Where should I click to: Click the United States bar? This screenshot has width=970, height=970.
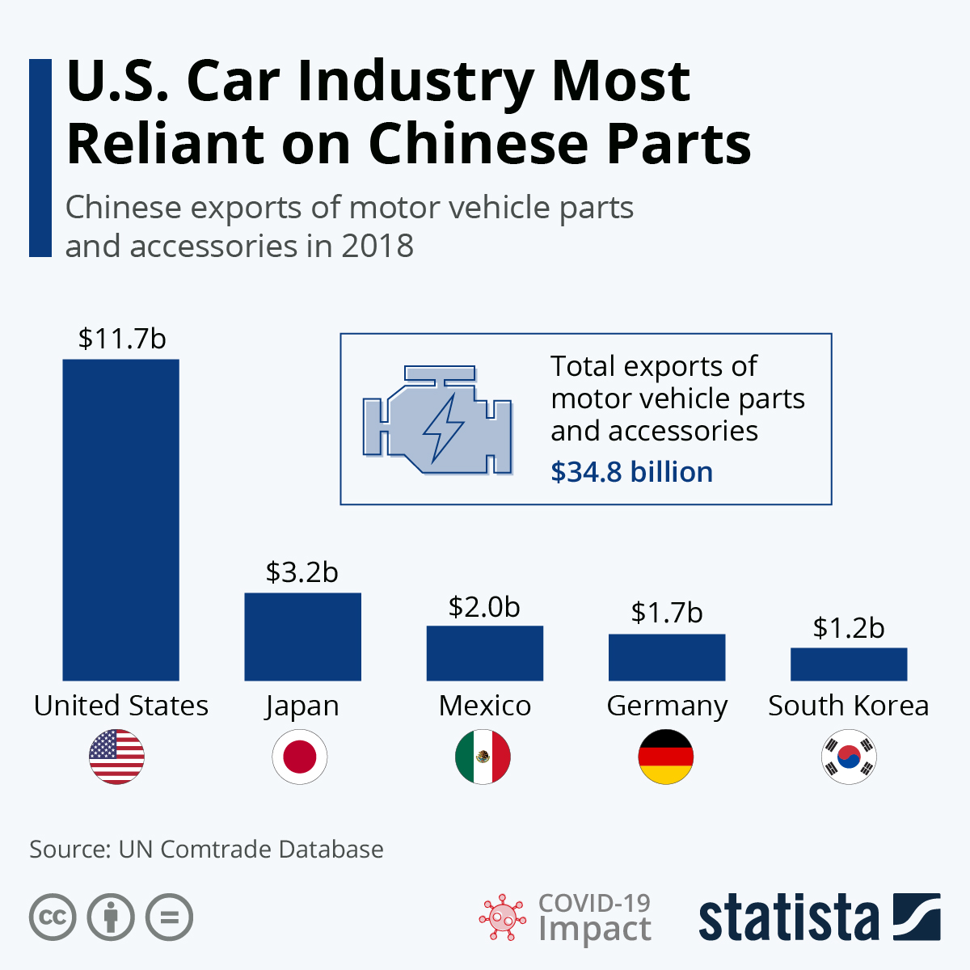tap(120, 520)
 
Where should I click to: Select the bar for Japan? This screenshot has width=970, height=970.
tap(302, 637)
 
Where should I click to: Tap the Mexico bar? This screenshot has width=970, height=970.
tap(484, 653)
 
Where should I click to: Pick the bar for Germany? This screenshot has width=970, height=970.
tap(667, 657)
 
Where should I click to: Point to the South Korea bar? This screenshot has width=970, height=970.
tap(849, 664)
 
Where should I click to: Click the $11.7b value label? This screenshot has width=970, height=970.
tap(122, 338)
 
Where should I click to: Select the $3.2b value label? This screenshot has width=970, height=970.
tap(302, 572)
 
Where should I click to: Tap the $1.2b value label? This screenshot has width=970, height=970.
tap(849, 627)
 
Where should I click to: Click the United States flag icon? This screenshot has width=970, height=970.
tap(117, 757)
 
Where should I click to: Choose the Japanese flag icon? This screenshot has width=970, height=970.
tap(300, 757)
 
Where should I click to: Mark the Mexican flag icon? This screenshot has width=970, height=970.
tap(483, 757)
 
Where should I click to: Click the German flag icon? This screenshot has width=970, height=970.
tap(666, 757)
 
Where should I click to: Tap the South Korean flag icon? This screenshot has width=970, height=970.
tap(849, 757)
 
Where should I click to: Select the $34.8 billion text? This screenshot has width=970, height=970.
tap(631, 472)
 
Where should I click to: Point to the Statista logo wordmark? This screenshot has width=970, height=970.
tap(788, 918)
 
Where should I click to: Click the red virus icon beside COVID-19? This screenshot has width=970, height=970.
tap(503, 917)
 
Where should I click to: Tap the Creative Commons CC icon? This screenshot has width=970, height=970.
tap(53, 917)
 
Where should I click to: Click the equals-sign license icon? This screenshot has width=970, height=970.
tap(169, 917)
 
